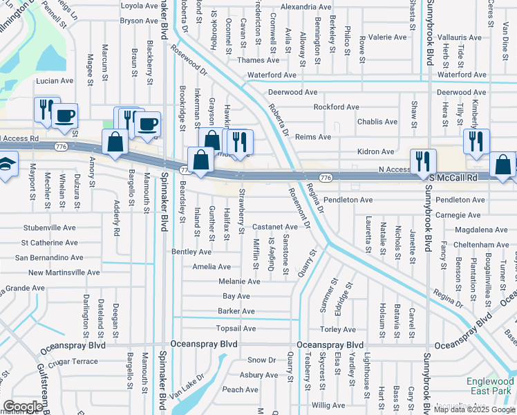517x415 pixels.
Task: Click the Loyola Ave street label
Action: pyautogui.click(x=139, y=6)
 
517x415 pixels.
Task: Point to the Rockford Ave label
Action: pyautogui.click(x=337, y=107)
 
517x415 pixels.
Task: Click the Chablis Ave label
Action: pyautogui.click(x=377, y=122)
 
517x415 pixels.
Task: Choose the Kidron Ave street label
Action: pyautogui.click(x=376, y=151)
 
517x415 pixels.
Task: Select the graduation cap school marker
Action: pyautogui.click(x=6, y=165)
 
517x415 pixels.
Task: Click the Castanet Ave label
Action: pyautogui.click(x=274, y=226)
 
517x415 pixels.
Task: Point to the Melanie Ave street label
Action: pyautogui.click(x=239, y=282)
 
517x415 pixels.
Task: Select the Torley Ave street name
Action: pyautogui.click(x=338, y=329)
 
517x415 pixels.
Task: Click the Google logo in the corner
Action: pyautogui.click(x=22, y=407)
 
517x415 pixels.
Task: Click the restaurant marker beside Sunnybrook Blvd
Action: pyautogui.click(x=423, y=162)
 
